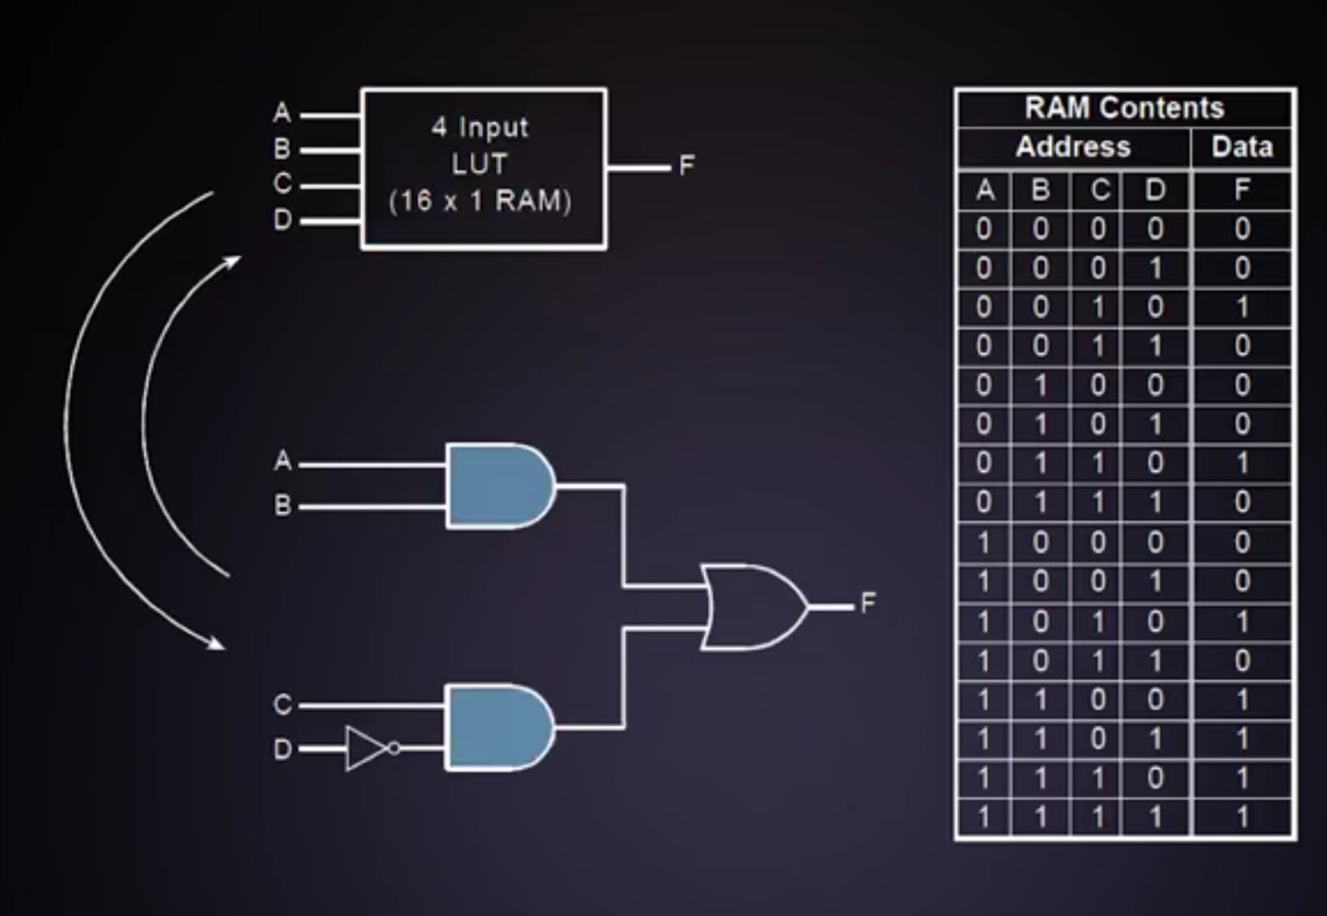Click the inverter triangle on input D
366,748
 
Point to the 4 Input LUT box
483,168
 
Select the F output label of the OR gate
868,602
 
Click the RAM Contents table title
1124,108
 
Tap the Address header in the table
1073,147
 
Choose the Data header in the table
1242,147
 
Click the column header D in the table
1155,189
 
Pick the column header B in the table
1041,189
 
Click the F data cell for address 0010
1242,307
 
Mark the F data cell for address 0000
1242,229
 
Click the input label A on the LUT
282,113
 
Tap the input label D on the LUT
282,221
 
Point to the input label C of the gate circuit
282,704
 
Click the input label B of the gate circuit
282,505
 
